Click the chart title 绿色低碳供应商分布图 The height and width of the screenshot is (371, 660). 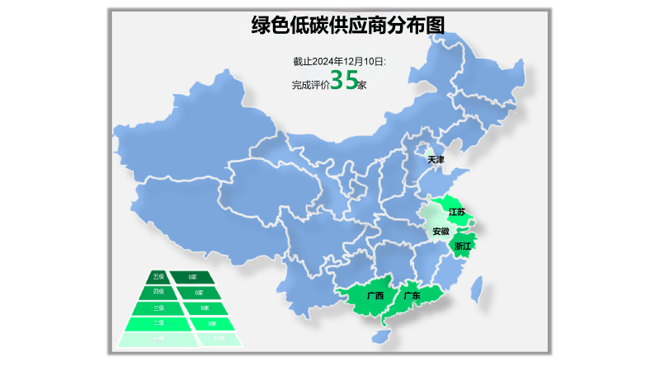(x=347, y=26)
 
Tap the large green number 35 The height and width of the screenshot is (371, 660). (x=344, y=81)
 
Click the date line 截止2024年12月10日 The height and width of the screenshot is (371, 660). (x=338, y=61)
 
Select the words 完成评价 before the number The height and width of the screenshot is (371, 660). (x=310, y=84)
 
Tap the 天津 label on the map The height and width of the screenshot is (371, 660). (x=436, y=159)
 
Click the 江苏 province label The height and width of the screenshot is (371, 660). (x=456, y=212)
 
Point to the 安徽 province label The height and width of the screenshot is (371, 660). (x=441, y=232)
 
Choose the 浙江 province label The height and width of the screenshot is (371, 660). (x=463, y=246)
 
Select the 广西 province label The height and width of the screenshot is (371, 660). (x=375, y=296)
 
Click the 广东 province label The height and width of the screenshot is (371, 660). (x=412, y=296)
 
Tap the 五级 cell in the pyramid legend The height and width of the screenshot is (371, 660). (x=159, y=277)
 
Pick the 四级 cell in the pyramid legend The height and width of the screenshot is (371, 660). (x=158, y=292)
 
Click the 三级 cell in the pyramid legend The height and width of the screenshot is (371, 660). (x=158, y=308)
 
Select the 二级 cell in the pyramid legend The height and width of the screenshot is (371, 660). (x=158, y=323)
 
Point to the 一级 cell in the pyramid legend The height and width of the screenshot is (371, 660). (x=158, y=339)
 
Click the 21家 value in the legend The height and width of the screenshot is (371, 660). (x=218, y=339)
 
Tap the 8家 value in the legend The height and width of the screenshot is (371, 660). (x=212, y=323)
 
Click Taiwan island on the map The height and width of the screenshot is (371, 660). (x=475, y=289)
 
